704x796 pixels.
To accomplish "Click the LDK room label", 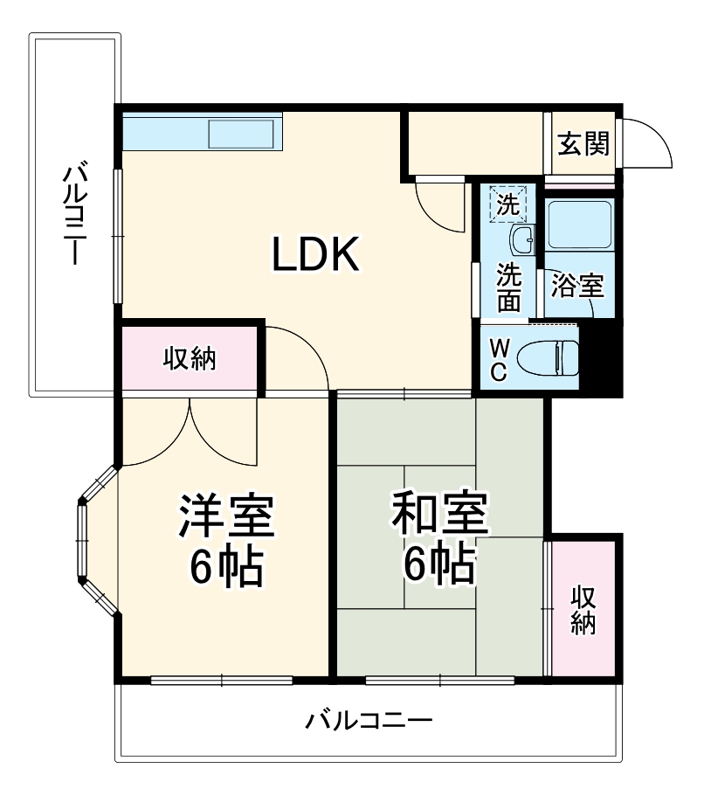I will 315,255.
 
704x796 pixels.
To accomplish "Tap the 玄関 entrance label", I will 583,144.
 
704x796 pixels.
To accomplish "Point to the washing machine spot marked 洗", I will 507,204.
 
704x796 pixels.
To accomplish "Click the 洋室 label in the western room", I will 226,517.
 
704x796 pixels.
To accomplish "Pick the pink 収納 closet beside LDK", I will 190,359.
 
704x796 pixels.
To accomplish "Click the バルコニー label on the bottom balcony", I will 369,722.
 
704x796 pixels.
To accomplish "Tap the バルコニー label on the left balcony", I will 74,213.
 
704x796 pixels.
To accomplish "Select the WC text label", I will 496,358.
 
